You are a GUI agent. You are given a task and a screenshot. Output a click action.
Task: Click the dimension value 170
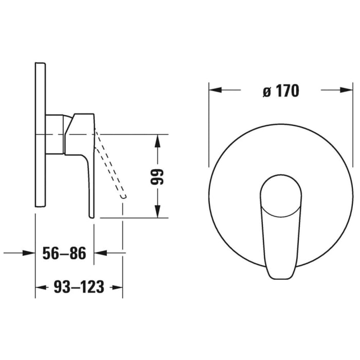[x=286, y=91]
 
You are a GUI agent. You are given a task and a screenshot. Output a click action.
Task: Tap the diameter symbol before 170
[x=266, y=92]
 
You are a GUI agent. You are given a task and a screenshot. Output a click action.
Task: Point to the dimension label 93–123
[x=79, y=287]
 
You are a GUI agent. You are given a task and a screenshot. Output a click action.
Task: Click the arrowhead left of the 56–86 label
[x=30, y=253]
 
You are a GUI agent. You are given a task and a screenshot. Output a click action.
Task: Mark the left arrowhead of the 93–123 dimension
[x=40, y=287]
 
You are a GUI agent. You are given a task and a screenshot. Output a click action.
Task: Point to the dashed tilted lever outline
[x=111, y=165]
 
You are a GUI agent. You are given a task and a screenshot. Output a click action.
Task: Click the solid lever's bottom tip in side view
[x=92, y=215]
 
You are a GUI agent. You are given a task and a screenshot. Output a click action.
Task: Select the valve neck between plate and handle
[x=55, y=134]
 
